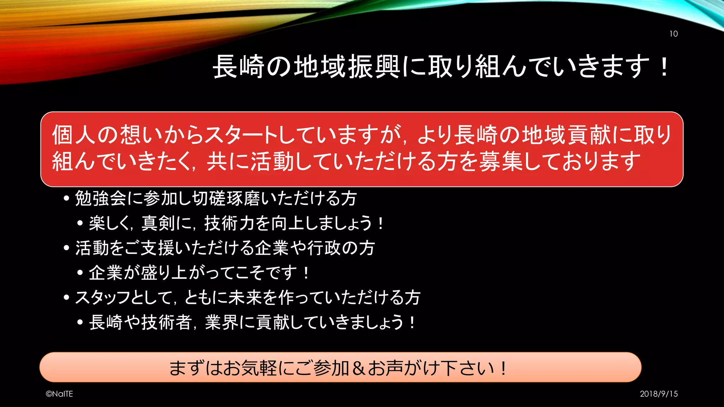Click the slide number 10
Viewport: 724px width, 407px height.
click(x=673, y=34)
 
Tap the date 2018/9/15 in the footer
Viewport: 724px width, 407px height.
click(x=659, y=394)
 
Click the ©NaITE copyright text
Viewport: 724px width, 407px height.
click(x=59, y=394)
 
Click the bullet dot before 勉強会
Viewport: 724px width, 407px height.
click(x=66, y=199)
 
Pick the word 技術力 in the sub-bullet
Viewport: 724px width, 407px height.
click(x=230, y=223)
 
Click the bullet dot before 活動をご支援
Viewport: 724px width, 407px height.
click(x=66, y=248)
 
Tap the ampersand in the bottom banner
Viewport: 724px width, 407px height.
click(x=358, y=368)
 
